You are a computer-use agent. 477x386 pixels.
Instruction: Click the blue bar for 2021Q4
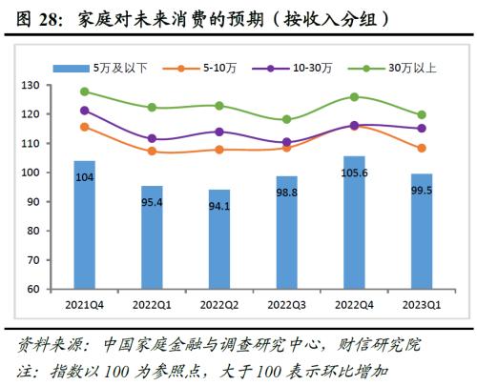(84, 229)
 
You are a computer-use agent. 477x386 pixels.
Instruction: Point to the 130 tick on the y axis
(33, 86)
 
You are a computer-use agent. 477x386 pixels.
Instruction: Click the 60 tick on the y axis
(36, 289)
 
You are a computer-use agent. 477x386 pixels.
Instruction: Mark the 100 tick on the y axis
(33, 173)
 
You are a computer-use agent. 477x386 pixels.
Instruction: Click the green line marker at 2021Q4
(84, 91)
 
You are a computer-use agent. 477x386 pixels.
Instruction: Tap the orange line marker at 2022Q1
(152, 151)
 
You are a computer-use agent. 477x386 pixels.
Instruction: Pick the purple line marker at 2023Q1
(421, 128)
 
